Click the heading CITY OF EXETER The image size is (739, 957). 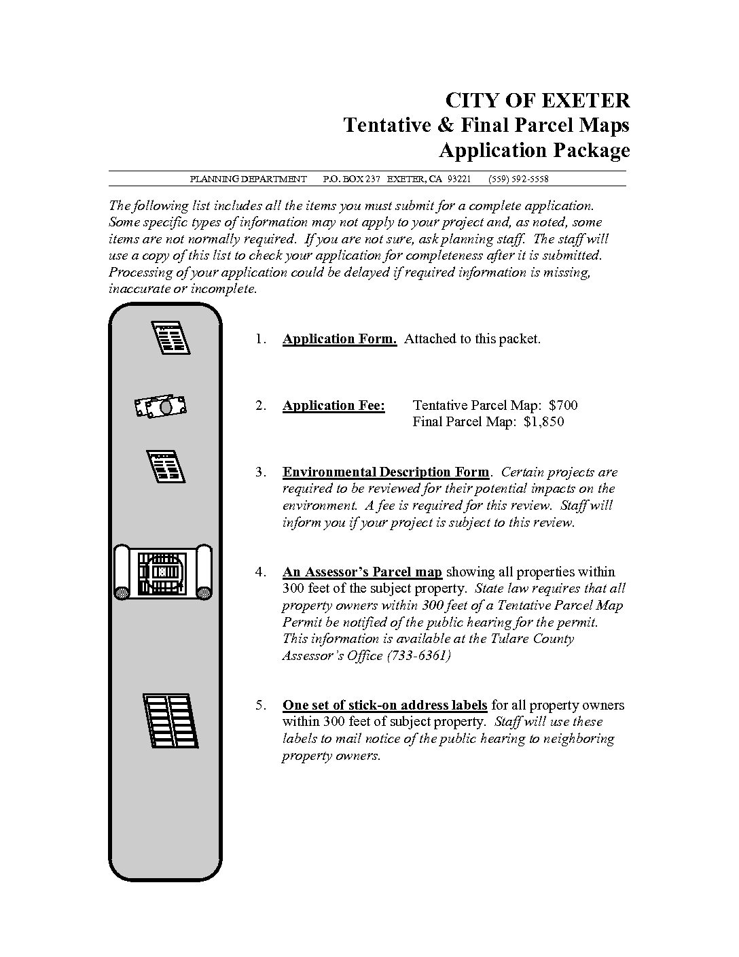[x=537, y=101]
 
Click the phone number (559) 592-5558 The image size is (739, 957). [x=518, y=179]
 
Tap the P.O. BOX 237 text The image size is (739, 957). [x=351, y=179]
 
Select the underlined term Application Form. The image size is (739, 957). [x=339, y=338]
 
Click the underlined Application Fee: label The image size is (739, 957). [x=334, y=406]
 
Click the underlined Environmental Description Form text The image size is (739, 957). [x=385, y=472]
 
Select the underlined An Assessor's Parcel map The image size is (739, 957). [x=362, y=572]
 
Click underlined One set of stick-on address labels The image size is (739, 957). [x=384, y=705]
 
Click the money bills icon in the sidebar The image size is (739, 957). [x=161, y=406]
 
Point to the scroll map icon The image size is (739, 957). [x=163, y=572]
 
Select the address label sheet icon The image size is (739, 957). [x=170, y=720]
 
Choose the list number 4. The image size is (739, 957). [x=261, y=572]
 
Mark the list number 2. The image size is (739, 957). [x=261, y=406]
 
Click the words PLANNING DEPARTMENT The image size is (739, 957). [x=248, y=179]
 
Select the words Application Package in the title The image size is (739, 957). [x=534, y=150]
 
